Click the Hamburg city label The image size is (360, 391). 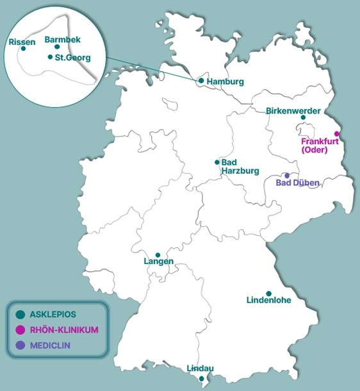pos(227,82)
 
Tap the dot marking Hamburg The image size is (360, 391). pos(201,81)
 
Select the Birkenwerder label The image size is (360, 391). pos(293,111)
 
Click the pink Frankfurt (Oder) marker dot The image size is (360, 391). pos(337,134)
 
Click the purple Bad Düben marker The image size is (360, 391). pos(287,175)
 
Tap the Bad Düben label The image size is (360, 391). pos(297,183)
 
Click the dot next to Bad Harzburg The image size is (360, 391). pos(217,162)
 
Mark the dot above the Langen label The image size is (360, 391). pos(158,254)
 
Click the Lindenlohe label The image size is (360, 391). pos(268,300)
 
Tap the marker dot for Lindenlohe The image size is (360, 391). pos(269,293)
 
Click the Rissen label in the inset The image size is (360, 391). pos(22,42)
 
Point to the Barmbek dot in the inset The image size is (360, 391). pos(57,47)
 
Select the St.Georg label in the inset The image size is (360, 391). pos(72,58)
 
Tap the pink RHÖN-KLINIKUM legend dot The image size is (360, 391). pos(20,330)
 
